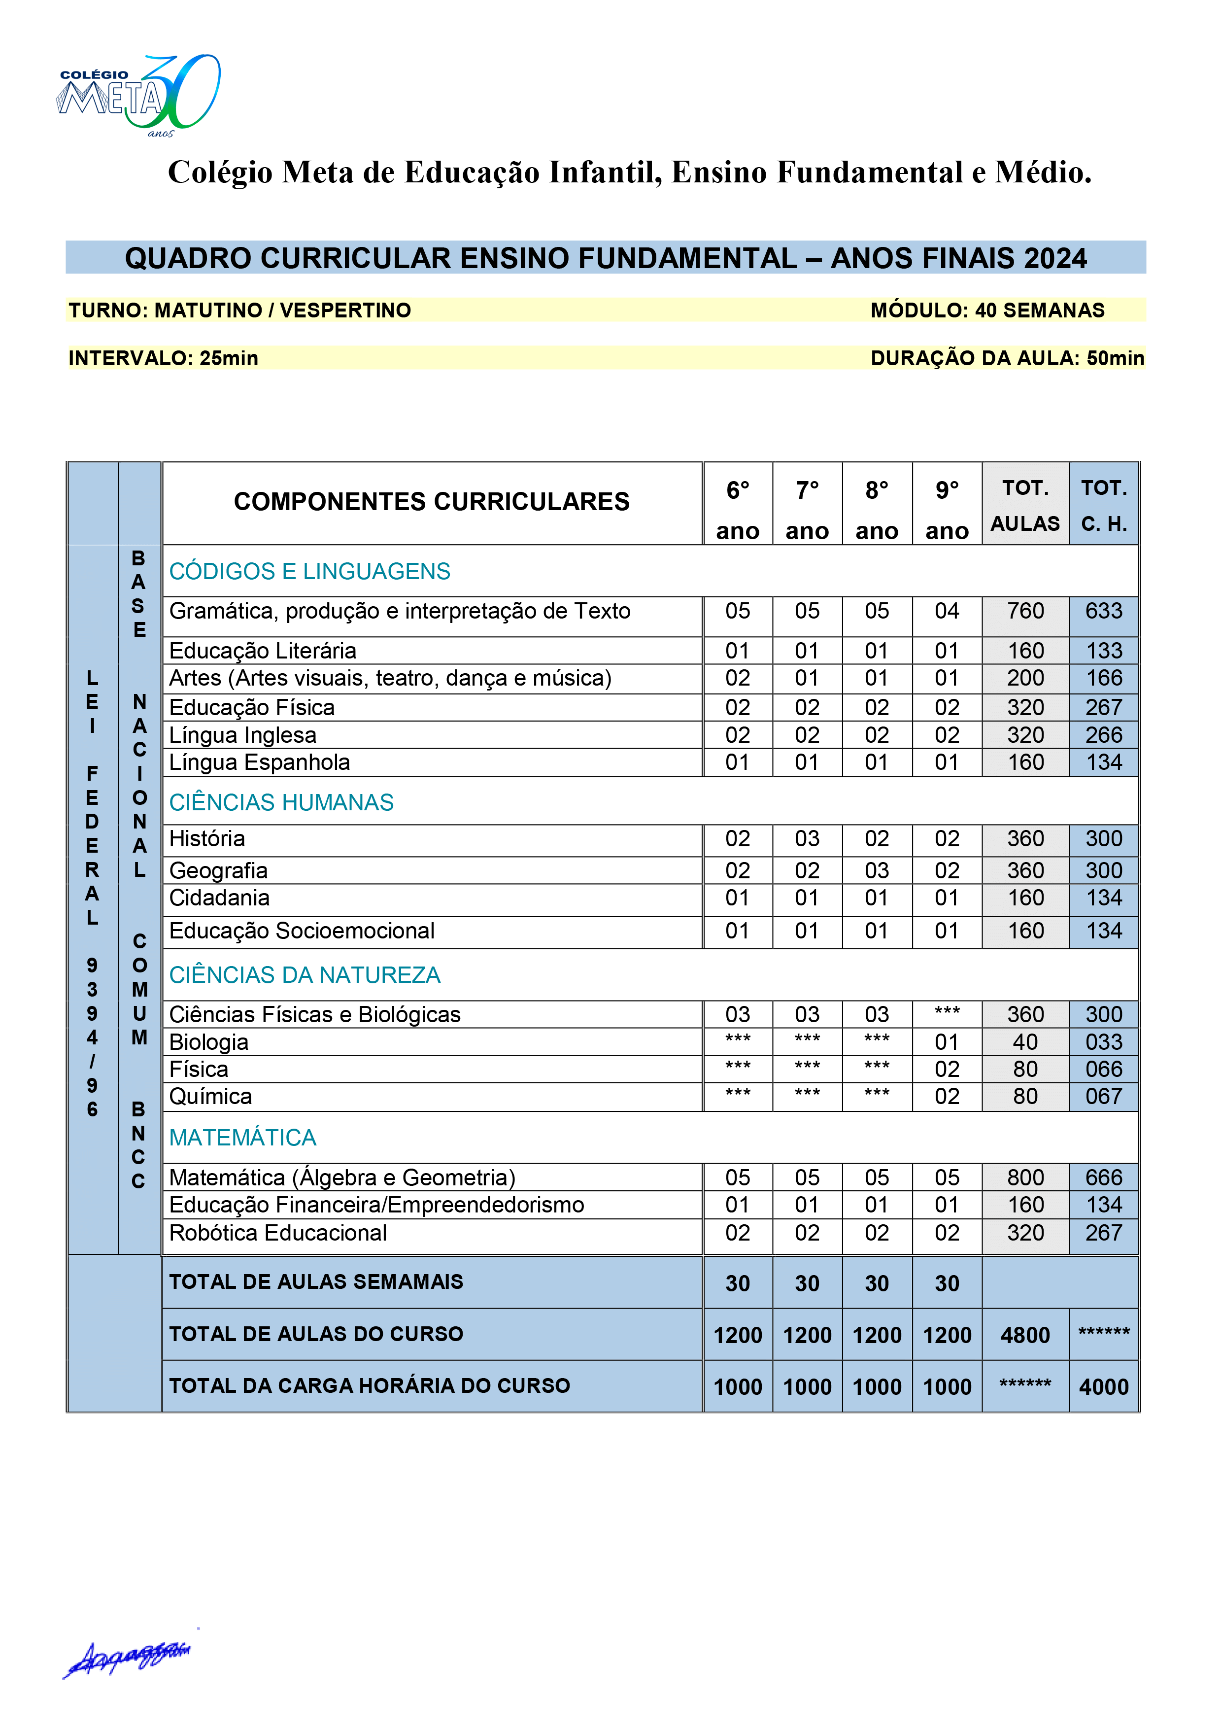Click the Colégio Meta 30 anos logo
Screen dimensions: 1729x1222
point(139,96)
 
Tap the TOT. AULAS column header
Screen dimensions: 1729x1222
point(1025,505)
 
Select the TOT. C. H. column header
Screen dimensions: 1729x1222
point(1104,505)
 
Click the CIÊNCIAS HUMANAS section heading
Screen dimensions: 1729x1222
point(281,803)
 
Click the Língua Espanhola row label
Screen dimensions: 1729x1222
point(259,763)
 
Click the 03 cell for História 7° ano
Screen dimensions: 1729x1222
point(807,839)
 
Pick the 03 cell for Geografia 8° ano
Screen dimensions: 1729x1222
point(877,870)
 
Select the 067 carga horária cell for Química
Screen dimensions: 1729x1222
point(1104,1097)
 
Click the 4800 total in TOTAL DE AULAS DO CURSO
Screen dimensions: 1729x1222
point(1025,1335)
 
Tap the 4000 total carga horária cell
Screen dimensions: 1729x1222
point(1104,1387)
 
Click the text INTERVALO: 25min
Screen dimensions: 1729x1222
point(164,358)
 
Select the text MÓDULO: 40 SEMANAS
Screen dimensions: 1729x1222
point(987,310)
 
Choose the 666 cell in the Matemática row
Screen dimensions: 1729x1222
point(1104,1178)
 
